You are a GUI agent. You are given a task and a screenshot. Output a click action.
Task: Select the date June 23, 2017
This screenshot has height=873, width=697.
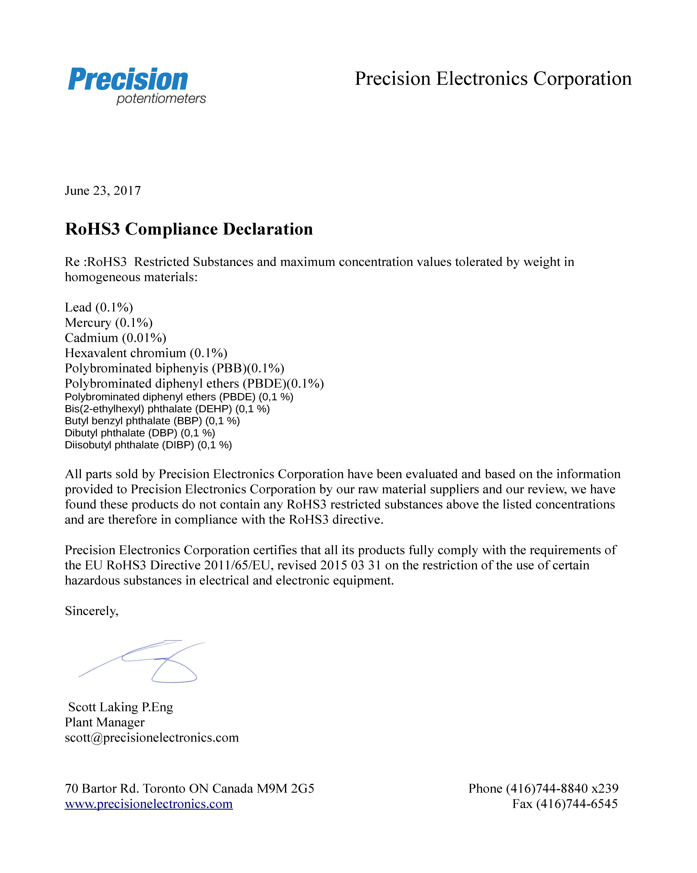click(x=103, y=191)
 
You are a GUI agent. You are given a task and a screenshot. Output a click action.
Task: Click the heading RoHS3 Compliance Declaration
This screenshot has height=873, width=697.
click(x=189, y=229)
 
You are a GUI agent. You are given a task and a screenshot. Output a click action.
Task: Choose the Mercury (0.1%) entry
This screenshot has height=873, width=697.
click(x=108, y=323)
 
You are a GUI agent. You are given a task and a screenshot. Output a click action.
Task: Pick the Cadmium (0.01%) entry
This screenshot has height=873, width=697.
click(x=115, y=338)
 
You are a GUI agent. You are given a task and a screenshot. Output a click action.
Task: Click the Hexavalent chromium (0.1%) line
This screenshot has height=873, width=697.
click(x=146, y=353)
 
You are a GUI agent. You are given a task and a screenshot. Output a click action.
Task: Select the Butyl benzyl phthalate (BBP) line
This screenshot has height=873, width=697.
click(x=152, y=421)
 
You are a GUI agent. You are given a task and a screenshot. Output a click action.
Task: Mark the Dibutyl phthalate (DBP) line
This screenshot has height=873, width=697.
click(x=140, y=433)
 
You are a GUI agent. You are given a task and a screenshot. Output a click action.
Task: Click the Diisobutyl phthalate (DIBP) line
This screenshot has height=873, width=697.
click(x=148, y=445)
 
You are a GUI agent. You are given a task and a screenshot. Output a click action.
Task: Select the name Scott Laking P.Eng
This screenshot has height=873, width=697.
click(x=121, y=707)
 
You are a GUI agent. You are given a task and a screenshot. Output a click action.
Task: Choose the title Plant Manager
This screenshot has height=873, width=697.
click(x=104, y=722)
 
